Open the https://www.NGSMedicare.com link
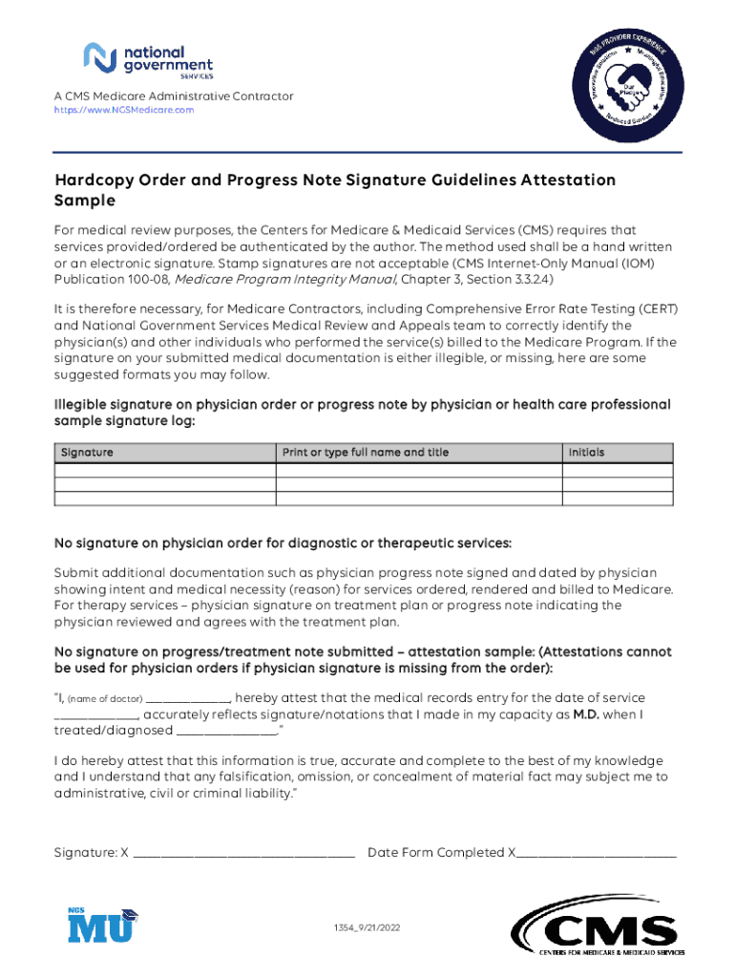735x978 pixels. point(123,110)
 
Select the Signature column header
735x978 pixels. point(87,452)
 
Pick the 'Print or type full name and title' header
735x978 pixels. point(366,452)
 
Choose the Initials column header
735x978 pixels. point(586,452)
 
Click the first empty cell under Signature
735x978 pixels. point(165,469)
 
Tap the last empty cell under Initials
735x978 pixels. point(619,498)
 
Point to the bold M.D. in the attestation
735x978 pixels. point(585,714)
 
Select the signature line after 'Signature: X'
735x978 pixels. point(244,853)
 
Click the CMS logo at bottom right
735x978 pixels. point(598,931)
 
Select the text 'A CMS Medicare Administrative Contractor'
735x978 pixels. point(173,96)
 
